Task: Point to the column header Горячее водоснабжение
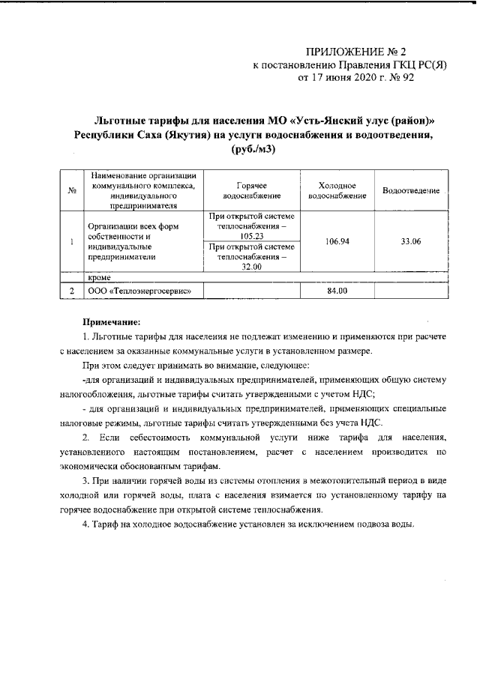(x=247, y=190)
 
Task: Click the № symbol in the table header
(x=70, y=191)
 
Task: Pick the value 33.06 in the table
(x=410, y=243)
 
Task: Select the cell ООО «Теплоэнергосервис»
(x=136, y=291)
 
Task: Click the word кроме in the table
(x=99, y=277)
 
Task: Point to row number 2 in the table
(x=70, y=291)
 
